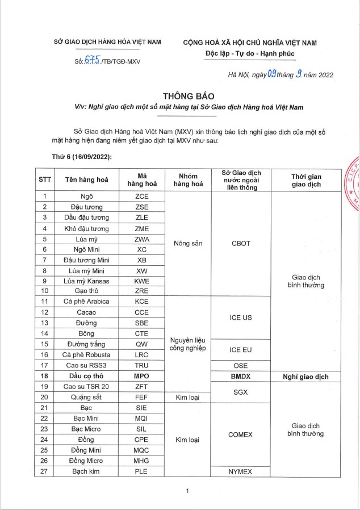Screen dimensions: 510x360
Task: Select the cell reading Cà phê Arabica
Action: tap(86, 302)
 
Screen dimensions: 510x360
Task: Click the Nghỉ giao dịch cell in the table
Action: tap(307, 376)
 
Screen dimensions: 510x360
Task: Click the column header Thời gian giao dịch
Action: tap(307, 180)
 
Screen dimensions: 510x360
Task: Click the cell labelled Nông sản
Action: tap(187, 243)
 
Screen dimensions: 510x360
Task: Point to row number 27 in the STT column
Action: tap(44, 471)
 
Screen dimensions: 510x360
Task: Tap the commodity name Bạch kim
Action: tap(86, 471)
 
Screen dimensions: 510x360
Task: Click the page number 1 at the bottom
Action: tap(187, 491)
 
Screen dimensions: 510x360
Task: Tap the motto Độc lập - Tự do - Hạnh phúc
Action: tap(250, 54)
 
